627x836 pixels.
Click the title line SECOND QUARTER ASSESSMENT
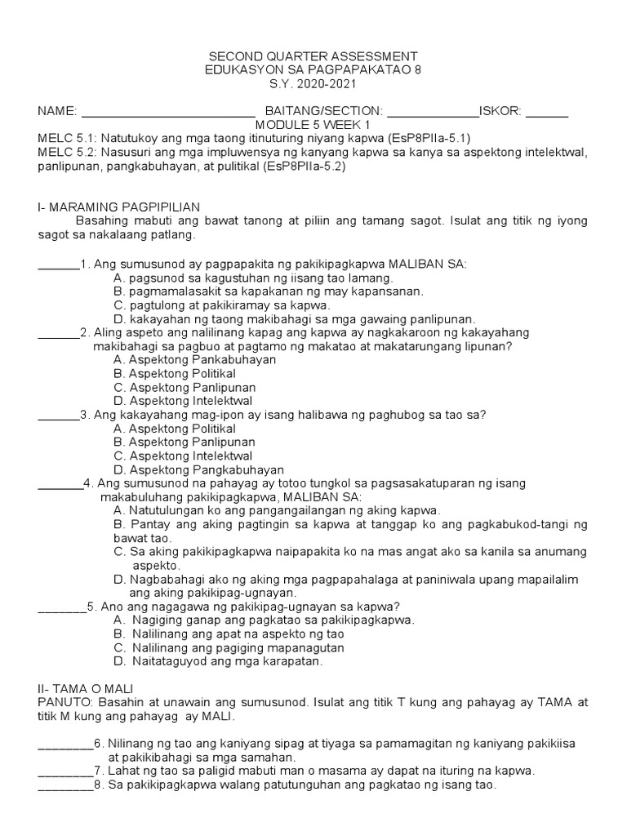(x=313, y=56)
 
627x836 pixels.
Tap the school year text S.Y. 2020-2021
(x=313, y=84)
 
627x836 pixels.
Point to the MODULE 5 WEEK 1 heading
(x=313, y=125)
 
